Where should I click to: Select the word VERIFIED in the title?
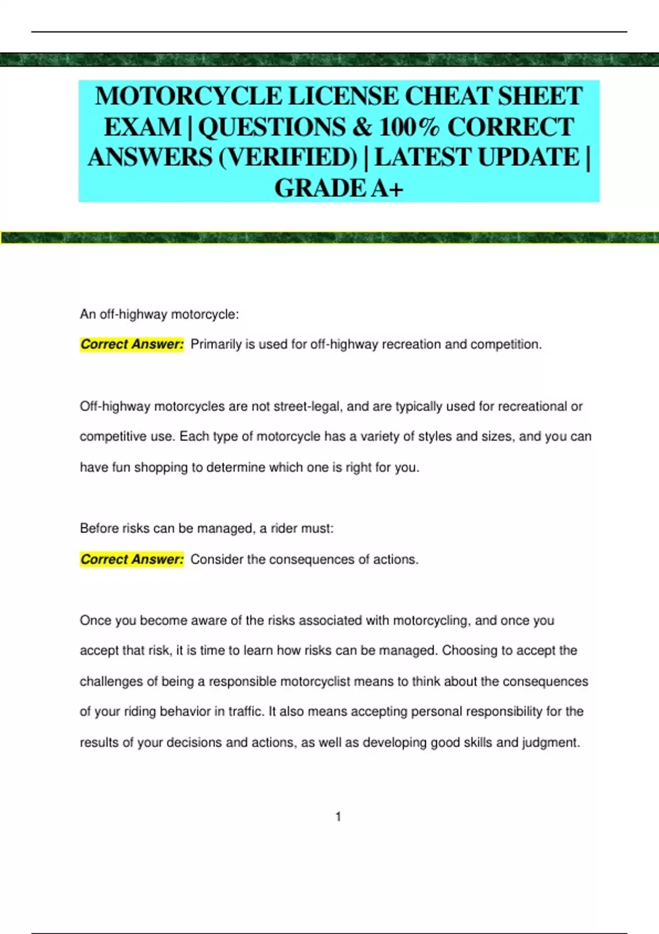[288, 158]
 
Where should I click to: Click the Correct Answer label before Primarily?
[132, 344]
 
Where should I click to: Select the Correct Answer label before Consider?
[132, 559]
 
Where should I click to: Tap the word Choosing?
[467, 651]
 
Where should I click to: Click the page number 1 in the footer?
[338, 817]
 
